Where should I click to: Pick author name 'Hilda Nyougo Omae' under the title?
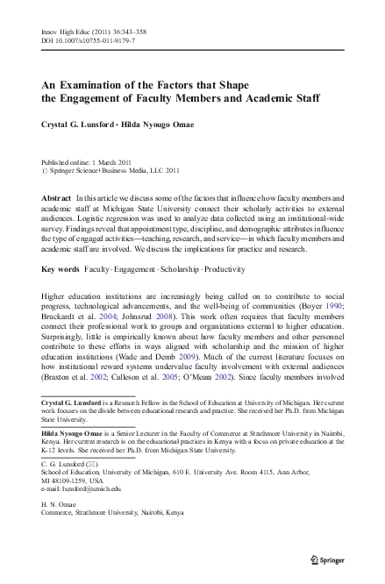172,124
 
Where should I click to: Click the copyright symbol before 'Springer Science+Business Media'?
45,171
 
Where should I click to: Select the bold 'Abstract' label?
57,200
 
